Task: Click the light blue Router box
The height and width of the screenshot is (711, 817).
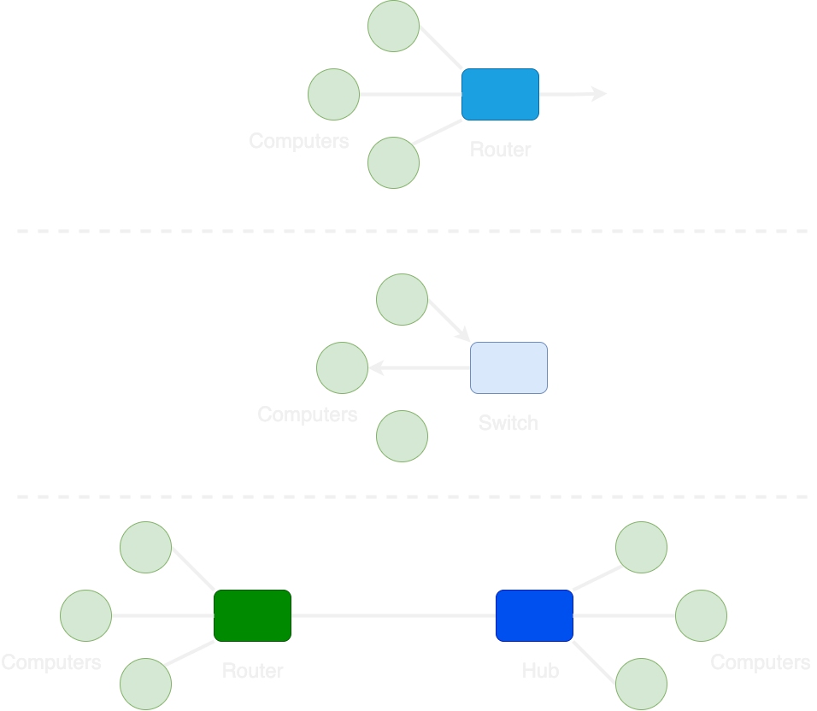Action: pos(500,94)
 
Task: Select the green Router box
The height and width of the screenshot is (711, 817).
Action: pos(252,615)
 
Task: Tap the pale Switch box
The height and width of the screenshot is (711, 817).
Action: pos(508,367)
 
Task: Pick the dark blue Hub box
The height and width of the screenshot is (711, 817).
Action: pos(534,615)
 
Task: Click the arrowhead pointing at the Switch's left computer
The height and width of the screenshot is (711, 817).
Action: pos(374,368)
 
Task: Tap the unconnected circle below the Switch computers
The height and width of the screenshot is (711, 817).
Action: pos(402,436)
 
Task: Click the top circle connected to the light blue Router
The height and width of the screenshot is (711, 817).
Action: pos(393,26)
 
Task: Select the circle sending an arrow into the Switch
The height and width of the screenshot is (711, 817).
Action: pos(402,299)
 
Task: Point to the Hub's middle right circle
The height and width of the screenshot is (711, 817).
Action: pos(701,615)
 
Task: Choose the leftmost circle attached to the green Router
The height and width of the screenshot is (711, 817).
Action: pos(85,615)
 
